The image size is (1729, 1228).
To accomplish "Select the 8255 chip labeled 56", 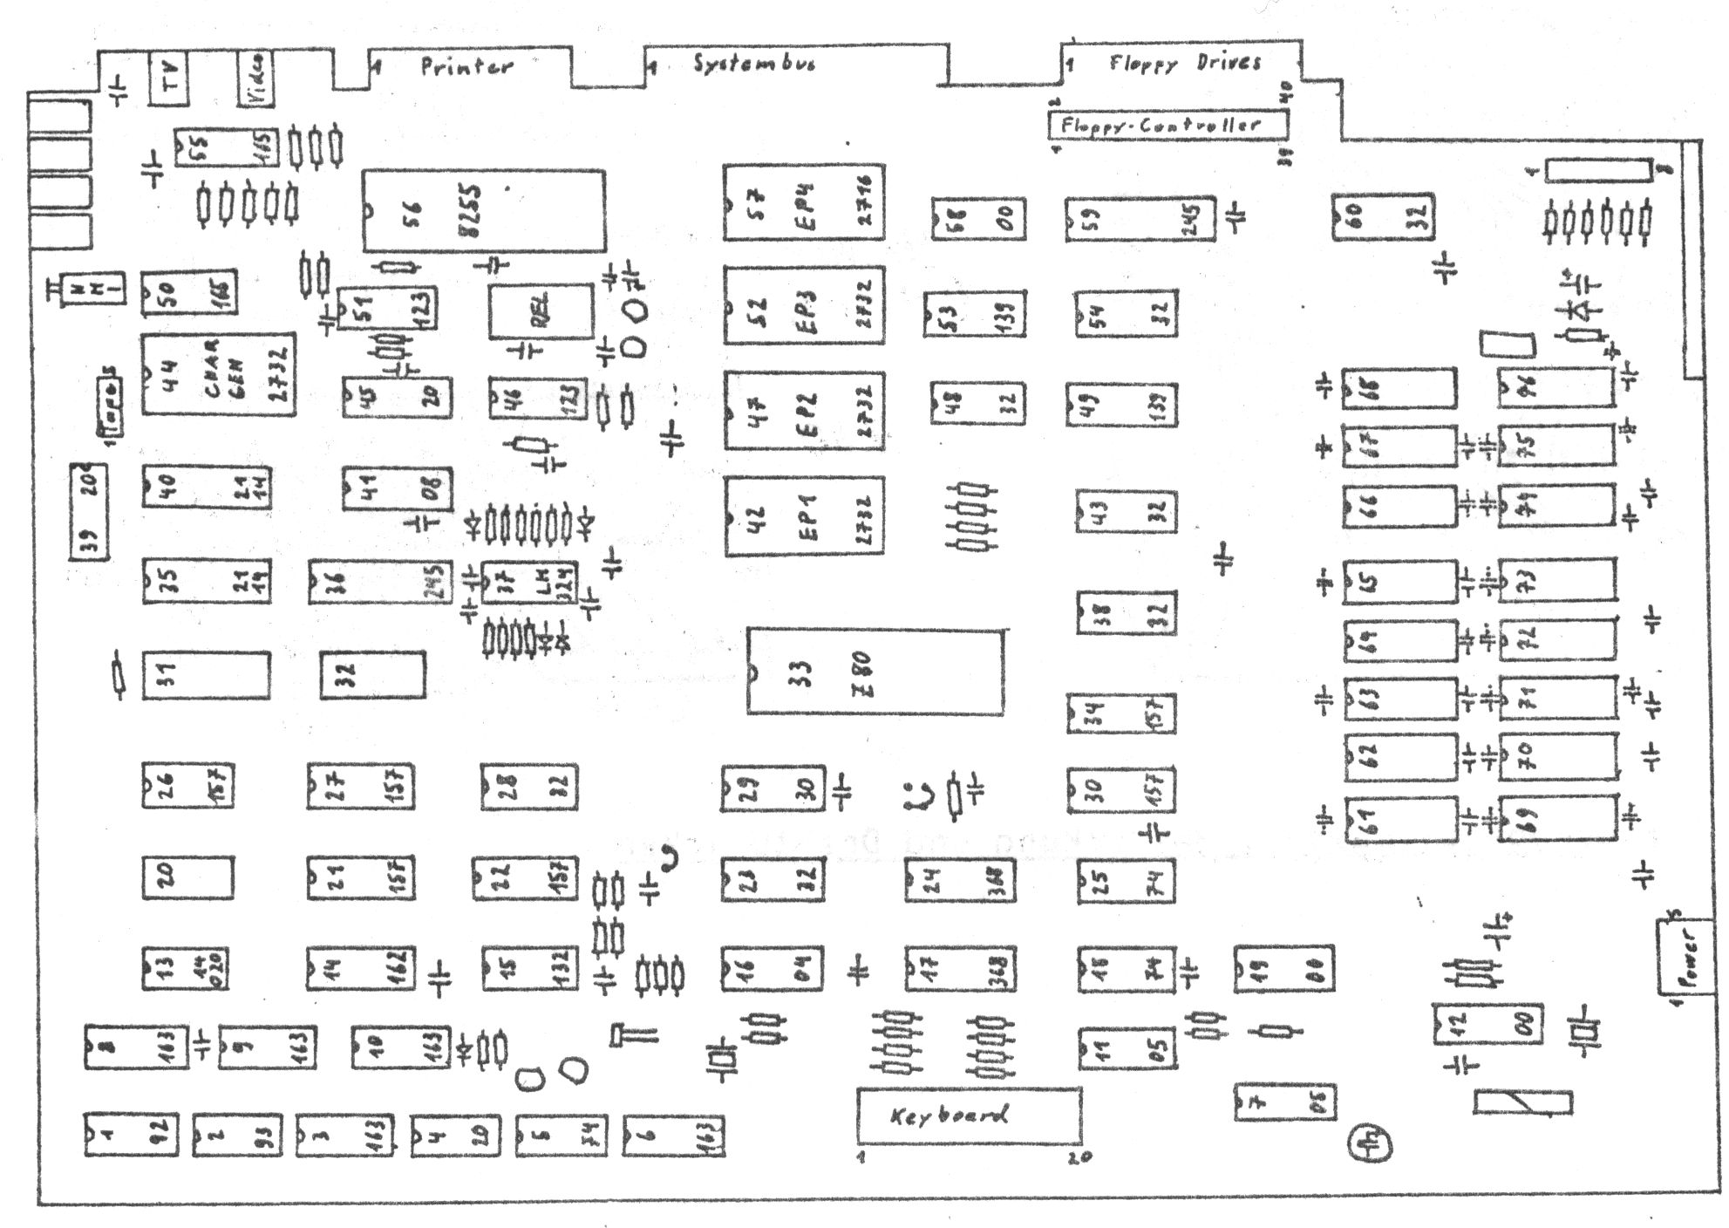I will pos(484,210).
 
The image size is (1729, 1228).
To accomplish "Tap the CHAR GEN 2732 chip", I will pos(218,374).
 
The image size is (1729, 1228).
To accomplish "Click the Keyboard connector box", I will pos(969,1115).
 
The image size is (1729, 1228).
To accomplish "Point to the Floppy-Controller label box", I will pos(1167,125).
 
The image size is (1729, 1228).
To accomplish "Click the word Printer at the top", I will pos(466,66).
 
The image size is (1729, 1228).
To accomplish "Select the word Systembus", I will pos(754,64).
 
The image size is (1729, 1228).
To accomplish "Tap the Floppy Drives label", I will pos(1185,62).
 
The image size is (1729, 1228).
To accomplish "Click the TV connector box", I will pos(169,79).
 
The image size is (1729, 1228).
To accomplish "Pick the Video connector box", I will pos(256,78).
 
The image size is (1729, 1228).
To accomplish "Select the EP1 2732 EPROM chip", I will pos(803,515).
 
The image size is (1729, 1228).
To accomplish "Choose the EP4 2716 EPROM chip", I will pos(803,202).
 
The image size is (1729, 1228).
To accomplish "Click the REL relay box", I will pos(541,311).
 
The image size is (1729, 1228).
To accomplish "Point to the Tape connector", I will pos(112,407).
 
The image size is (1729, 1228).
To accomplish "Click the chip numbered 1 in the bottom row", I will pos(131,1135).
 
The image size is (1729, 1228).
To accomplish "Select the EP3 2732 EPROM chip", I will pos(803,305).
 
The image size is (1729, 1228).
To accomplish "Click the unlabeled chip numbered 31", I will pos(206,674).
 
